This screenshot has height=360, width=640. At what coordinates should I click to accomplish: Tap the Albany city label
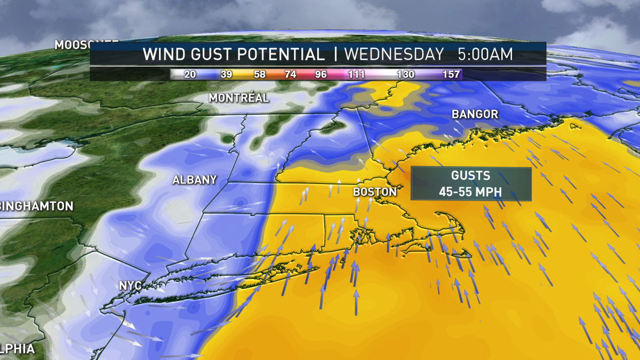(x=195, y=180)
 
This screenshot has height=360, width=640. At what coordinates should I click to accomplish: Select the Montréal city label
(x=239, y=98)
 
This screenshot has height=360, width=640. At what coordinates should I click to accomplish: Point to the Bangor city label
(x=475, y=114)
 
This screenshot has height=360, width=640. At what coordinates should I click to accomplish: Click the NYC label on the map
(x=131, y=286)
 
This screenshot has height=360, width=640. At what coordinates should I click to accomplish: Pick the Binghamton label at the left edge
(x=36, y=206)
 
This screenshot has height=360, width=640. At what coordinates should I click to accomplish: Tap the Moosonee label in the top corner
(x=72, y=45)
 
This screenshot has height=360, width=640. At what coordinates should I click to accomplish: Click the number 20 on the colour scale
(x=190, y=75)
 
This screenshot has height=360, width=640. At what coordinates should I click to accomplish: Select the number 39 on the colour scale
(x=226, y=75)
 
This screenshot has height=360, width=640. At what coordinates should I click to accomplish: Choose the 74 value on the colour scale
(x=291, y=75)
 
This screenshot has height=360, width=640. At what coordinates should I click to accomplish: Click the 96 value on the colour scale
(x=321, y=75)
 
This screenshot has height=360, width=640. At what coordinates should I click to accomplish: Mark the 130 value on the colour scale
(x=405, y=75)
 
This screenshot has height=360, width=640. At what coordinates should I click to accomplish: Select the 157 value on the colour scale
(x=451, y=75)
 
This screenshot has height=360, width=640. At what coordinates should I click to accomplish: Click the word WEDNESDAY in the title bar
(x=394, y=54)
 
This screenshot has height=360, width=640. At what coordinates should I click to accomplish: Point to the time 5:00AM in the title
(x=485, y=54)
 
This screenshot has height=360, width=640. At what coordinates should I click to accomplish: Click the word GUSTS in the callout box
(x=471, y=176)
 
